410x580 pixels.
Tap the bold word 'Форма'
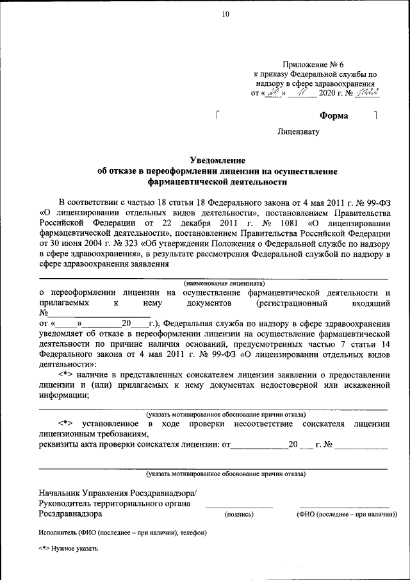(334, 116)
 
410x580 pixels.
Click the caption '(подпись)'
(239, 514)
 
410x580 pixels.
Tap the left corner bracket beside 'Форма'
(219, 116)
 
